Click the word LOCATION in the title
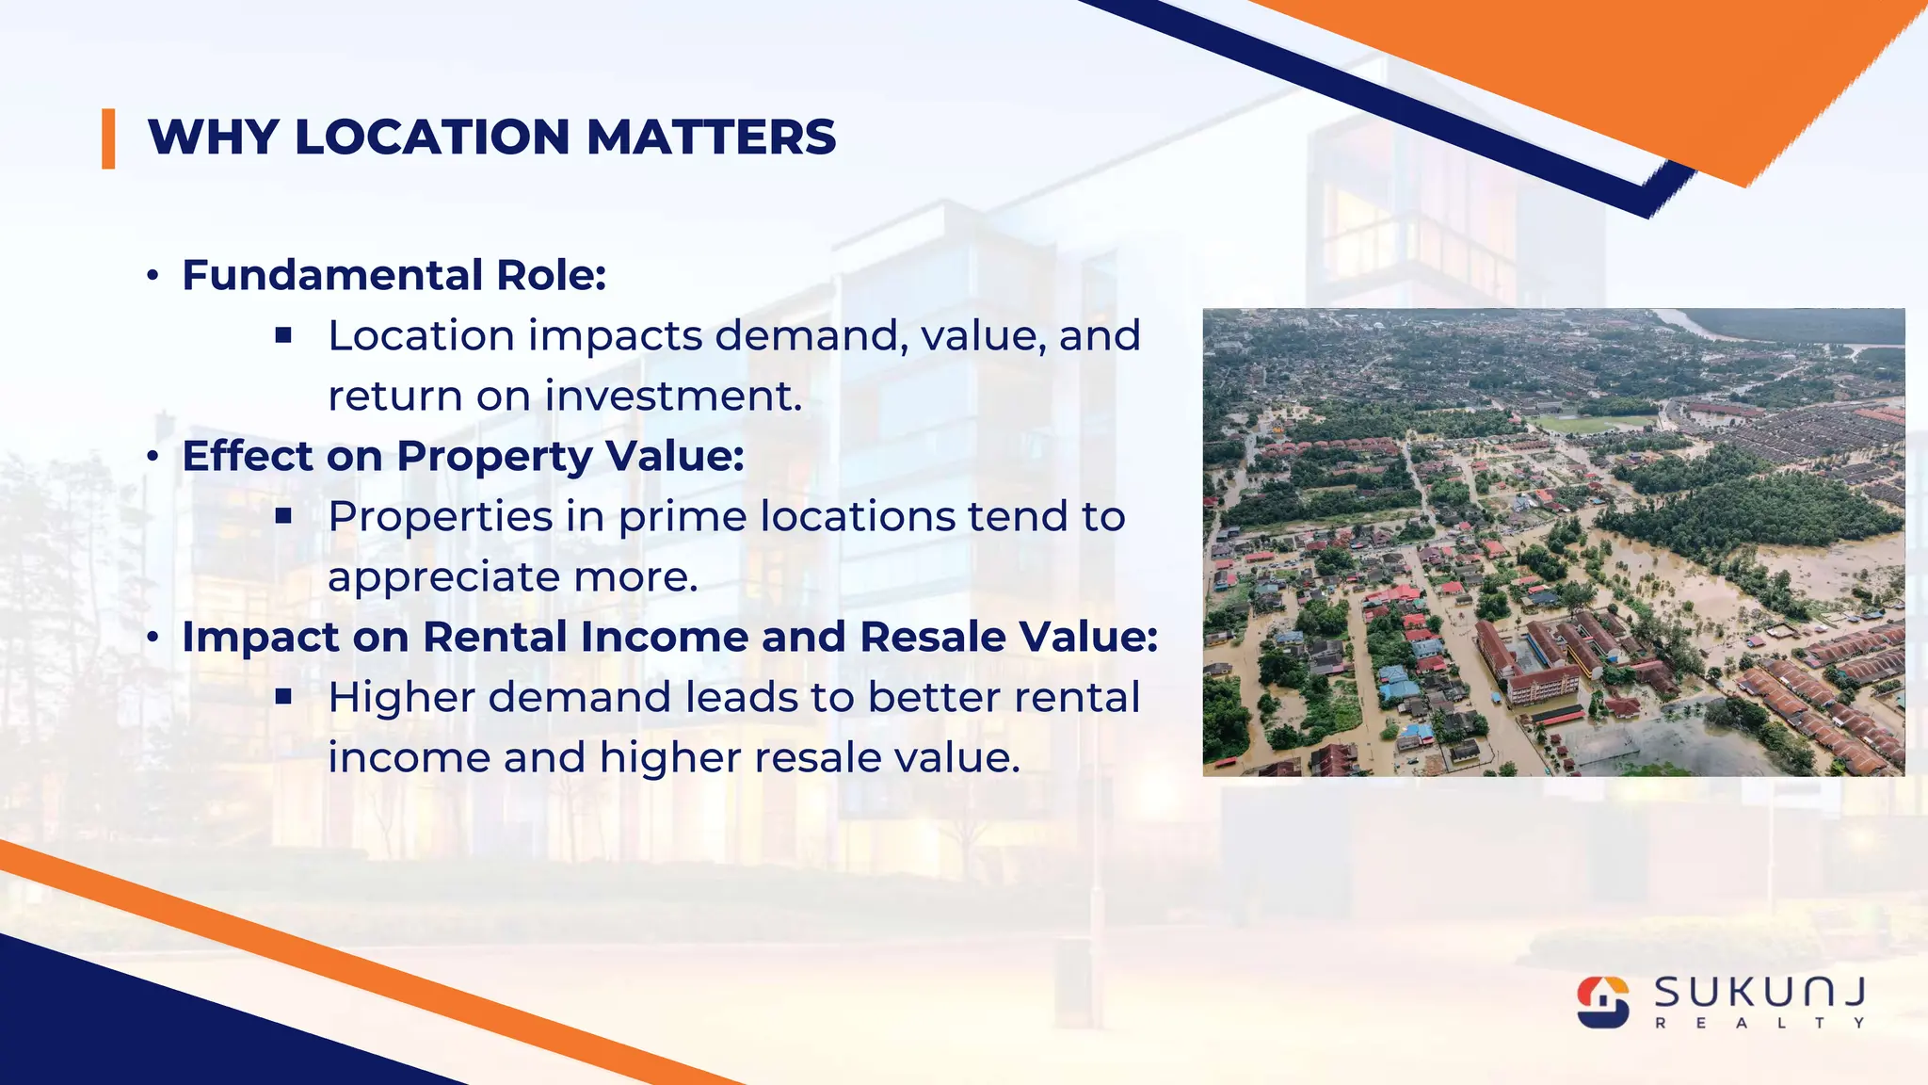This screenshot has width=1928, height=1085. (432, 138)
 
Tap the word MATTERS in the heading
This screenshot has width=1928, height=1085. (711, 138)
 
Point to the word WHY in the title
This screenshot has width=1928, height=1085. (213, 138)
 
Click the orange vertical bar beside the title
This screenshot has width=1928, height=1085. (108, 139)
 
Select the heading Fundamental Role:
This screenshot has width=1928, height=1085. (394, 275)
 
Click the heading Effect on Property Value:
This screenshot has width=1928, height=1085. (463, 456)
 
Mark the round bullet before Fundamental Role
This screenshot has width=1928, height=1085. (153, 276)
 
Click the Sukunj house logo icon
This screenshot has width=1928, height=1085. (1603, 1001)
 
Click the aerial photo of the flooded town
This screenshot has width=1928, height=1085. (1553, 542)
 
